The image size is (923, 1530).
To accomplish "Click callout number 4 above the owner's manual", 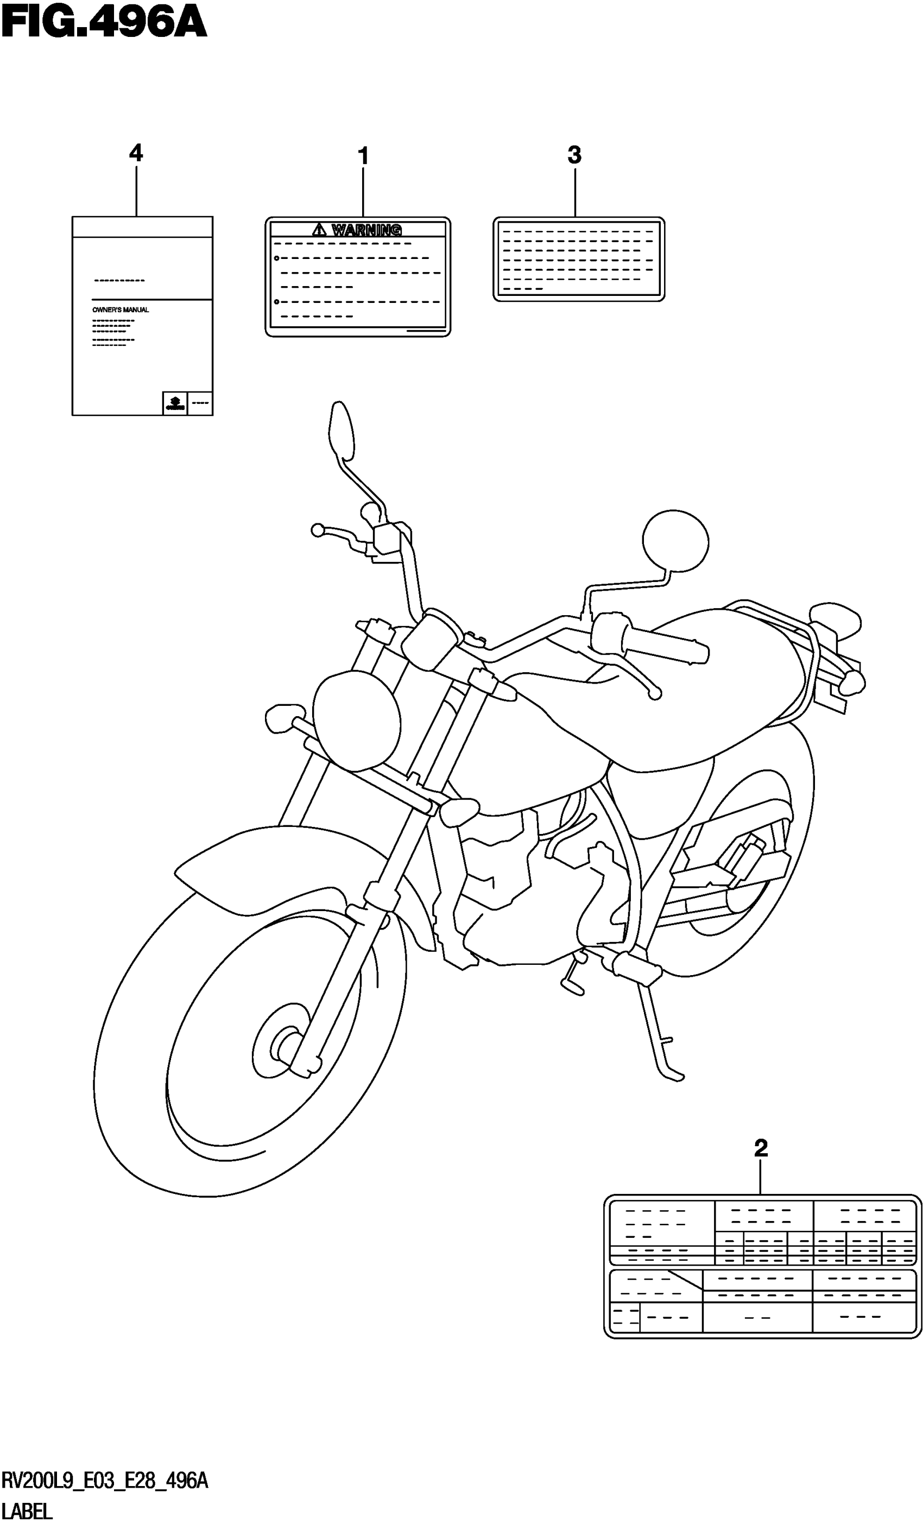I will [x=135, y=153].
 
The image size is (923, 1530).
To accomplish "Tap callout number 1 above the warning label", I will [x=363, y=156].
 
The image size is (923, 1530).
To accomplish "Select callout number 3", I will [x=574, y=155].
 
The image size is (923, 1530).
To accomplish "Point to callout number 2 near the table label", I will [x=761, y=1148].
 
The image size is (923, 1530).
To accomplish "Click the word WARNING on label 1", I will [x=366, y=230].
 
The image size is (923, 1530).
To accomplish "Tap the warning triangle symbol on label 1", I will [x=319, y=230].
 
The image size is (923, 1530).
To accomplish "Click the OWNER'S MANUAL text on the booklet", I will [x=121, y=310].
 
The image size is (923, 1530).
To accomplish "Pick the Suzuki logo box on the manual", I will [x=174, y=403].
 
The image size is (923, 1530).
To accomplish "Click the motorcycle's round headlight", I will [x=357, y=720].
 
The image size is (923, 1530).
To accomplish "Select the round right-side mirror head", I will [x=675, y=540].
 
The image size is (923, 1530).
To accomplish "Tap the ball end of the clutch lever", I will [x=318, y=530].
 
